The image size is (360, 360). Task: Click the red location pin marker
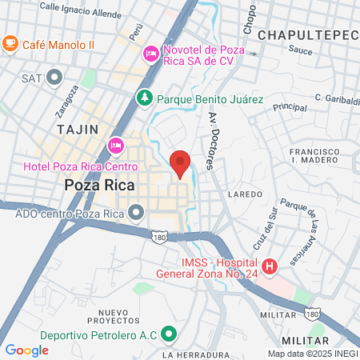click(180, 162)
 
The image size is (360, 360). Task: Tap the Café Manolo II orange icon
click(11, 42)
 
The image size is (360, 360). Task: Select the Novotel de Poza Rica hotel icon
click(150, 54)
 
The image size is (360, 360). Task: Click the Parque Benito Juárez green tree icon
click(145, 98)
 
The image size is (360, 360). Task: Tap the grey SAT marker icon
click(54, 78)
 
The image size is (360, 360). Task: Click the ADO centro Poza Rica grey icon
click(135, 213)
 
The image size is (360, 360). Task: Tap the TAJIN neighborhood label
click(78, 129)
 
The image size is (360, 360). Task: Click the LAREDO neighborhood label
click(245, 194)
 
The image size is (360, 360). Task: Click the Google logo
click(26, 350)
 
